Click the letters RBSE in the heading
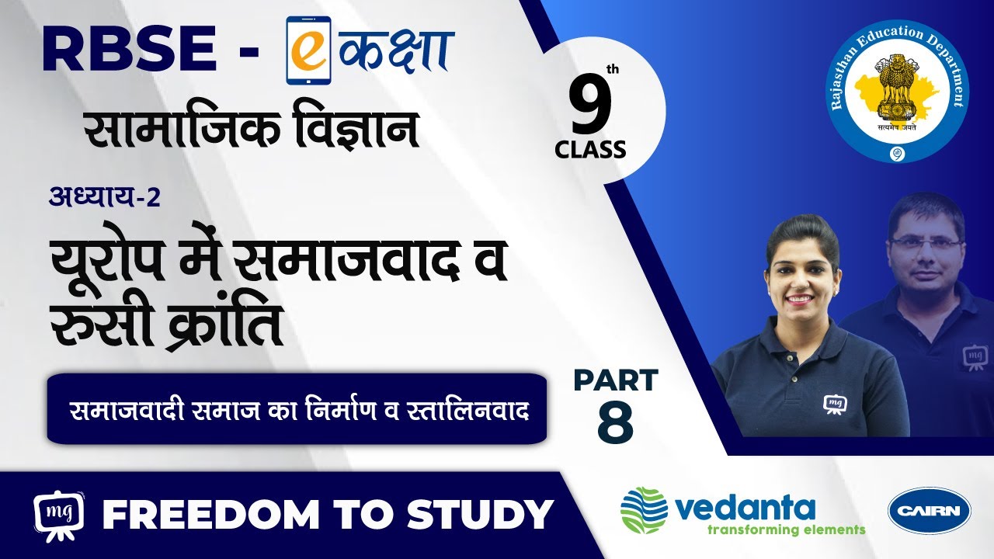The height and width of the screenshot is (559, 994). click(129, 49)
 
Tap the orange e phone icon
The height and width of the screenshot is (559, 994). click(308, 50)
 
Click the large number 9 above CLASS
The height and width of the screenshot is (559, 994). click(591, 104)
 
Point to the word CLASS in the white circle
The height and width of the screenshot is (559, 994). click(590, 150)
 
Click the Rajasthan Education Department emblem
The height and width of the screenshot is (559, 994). click(897, 92)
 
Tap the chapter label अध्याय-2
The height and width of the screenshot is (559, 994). click(104, 197)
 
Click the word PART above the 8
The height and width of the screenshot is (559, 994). click(616, 380)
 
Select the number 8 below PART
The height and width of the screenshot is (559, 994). click(615, 422)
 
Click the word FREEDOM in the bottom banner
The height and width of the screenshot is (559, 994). click(210, 515)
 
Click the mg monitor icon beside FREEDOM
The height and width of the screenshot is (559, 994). click(58, 516)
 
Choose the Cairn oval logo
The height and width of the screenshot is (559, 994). click(930, 511)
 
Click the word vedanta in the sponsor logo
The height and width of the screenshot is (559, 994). click(745, 509)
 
